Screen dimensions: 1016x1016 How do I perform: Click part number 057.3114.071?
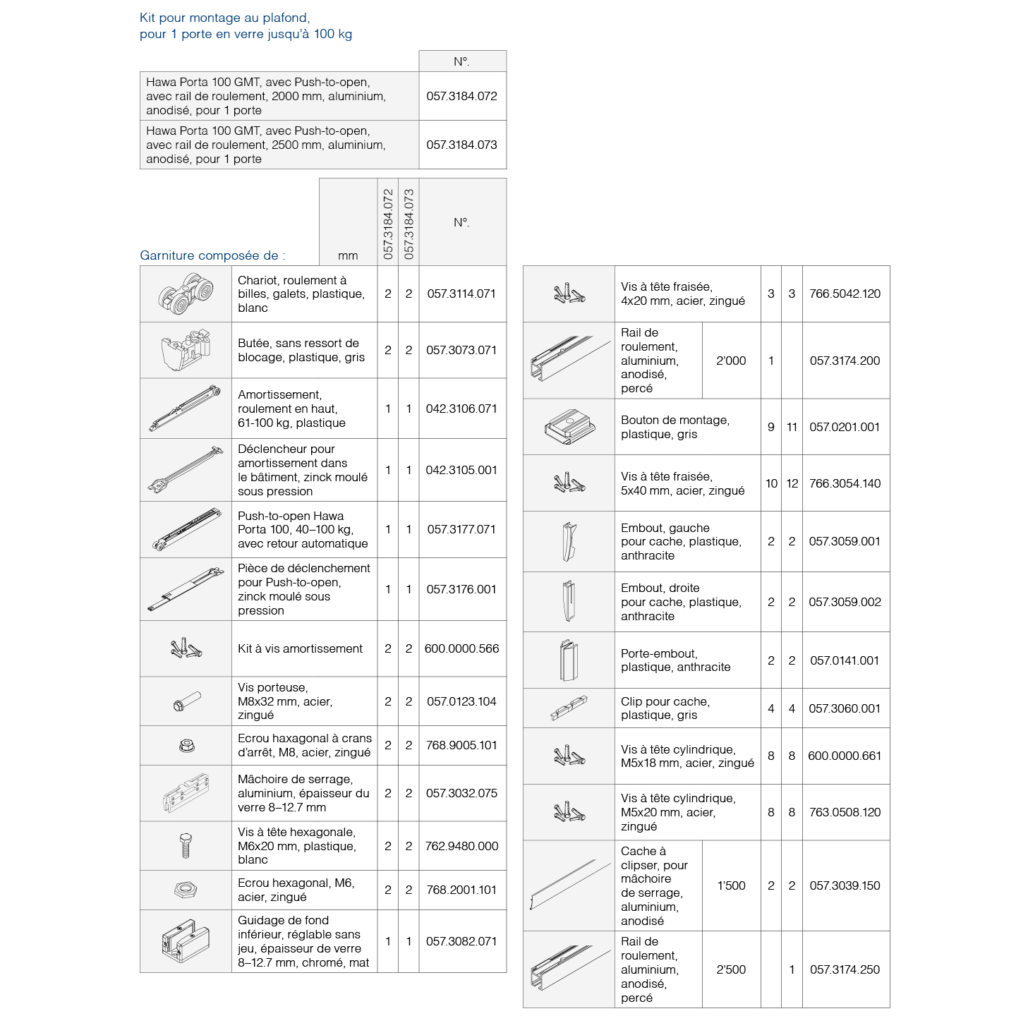coord(461,294)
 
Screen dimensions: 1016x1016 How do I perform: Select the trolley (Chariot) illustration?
coord(186,294)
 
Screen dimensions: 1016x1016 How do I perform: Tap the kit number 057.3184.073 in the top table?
coord(461,145)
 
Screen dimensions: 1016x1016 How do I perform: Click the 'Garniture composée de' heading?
coord(212,255)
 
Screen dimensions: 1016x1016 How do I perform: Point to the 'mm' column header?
coord(348,255)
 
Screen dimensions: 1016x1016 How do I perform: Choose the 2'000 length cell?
coord(731,361)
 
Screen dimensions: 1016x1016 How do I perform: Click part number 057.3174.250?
coord(845,969)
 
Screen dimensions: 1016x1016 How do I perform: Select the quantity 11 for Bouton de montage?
coord(792,427)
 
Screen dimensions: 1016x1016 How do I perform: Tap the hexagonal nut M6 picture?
coord(186,890)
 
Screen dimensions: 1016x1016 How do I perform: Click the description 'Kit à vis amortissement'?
coord(300,648)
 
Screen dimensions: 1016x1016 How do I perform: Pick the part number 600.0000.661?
coord(845,756)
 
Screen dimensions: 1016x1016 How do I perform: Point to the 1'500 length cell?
coord(731,885)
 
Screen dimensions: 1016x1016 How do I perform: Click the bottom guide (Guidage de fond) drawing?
coord(186,941)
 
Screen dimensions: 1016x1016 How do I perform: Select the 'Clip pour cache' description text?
coord(665,708)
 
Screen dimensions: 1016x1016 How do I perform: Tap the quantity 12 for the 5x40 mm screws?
coord(792,483)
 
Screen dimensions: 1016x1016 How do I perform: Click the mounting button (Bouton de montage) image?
coord(569,427)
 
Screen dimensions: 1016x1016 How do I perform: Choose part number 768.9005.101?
coord(461,745)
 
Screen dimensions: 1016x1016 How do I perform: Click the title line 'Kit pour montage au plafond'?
coord(225,18)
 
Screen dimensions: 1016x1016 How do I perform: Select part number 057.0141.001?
coord(845,660)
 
